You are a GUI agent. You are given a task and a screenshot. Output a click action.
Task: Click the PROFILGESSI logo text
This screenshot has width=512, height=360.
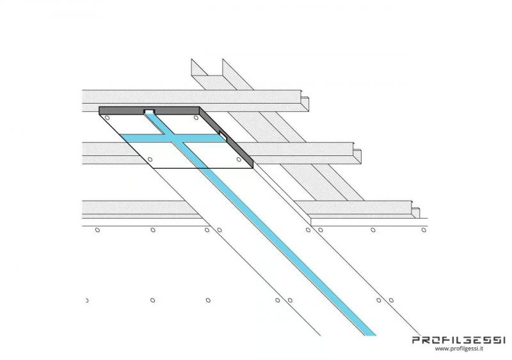point(459,340)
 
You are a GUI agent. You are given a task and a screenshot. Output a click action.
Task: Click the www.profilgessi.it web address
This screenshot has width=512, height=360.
point(459,348)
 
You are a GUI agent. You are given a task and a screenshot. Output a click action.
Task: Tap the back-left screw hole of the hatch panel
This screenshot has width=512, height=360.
point(107,118)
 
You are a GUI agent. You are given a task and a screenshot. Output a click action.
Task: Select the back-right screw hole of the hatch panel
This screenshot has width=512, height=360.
point(196,118)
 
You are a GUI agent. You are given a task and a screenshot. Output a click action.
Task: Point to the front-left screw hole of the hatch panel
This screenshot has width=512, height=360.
point(150,159)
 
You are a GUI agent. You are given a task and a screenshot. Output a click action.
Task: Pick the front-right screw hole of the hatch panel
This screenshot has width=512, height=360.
point(239,159)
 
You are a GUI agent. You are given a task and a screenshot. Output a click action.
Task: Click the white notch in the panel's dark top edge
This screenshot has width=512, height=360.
point(150,112)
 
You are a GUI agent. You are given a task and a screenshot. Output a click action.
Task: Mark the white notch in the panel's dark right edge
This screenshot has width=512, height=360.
point(223,135)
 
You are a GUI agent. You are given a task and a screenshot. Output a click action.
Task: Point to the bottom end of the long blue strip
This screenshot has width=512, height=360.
point(371,335)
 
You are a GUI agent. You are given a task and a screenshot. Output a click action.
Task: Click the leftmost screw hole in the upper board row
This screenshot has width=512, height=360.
point(97,230)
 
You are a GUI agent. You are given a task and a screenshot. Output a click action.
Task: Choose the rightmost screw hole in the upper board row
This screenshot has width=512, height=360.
point(424,230)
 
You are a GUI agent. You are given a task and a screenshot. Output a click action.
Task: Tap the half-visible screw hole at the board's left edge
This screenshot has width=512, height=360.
point(87,301)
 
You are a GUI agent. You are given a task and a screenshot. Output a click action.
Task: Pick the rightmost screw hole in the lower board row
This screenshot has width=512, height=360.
point(391,301)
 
